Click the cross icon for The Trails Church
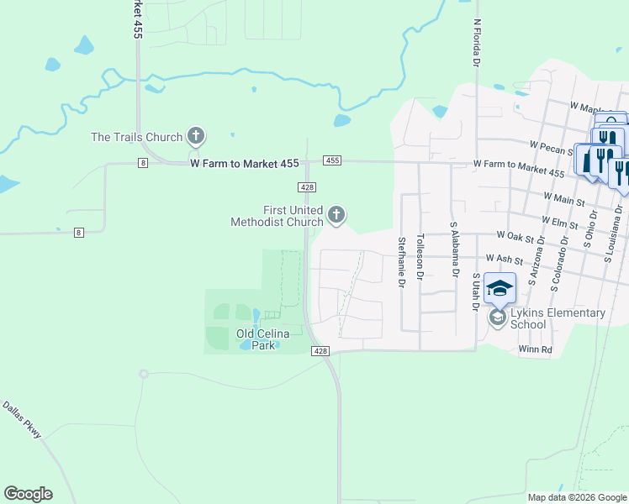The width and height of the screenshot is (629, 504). [196, 135]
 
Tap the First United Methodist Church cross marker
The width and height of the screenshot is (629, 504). [336, 216]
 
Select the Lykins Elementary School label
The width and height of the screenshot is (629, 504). [558, 318]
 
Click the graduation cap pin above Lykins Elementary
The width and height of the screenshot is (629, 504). [500, 288]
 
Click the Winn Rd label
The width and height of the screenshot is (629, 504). [536, 349]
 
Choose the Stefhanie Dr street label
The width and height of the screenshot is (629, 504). [401, 263]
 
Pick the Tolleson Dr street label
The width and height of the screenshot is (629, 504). [420, 254]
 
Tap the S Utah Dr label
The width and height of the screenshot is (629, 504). [476, 292]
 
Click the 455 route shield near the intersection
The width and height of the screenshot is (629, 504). [332, 160]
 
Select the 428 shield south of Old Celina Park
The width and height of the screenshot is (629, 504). [320, 350]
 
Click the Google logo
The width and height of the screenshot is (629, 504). [28, 494]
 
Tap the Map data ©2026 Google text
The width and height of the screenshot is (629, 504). [576, 497]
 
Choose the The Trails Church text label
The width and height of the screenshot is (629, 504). [136, 137]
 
